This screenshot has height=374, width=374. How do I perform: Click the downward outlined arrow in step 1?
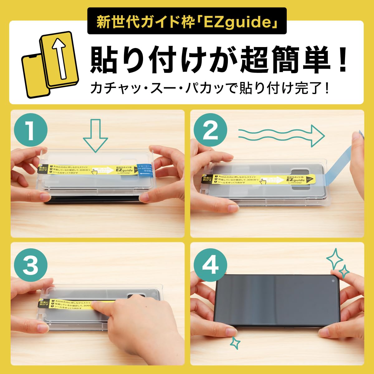coord(95,136)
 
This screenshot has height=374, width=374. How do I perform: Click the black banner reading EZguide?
coord(186,21)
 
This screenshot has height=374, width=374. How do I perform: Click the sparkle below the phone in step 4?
coord(235,343)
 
